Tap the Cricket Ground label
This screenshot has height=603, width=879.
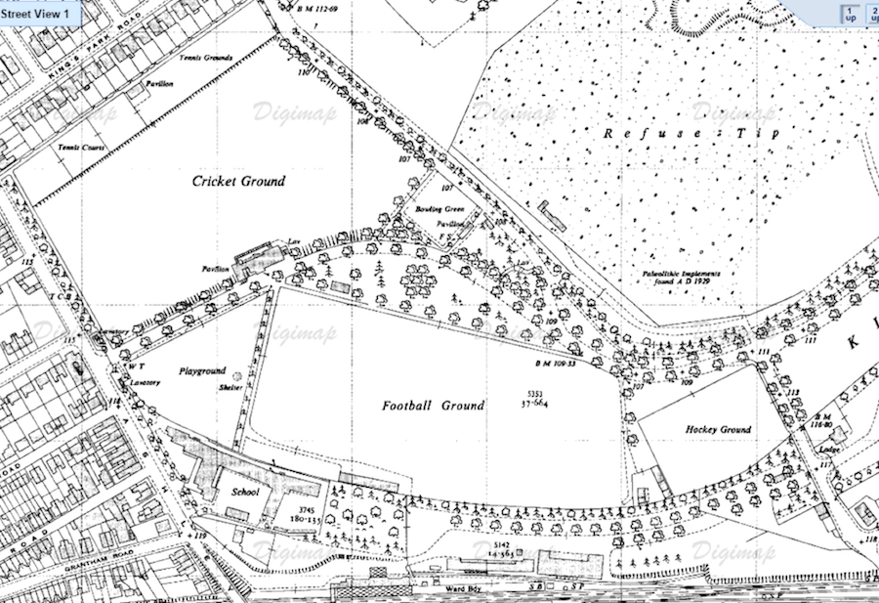pyautogui.click(x=238, y=181)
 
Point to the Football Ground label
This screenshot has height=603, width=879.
pyautogui.click(x=433, y=405)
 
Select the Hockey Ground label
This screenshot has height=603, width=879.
pyautogui.click(x=718, y=430)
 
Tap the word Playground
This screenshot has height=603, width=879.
pyautogui.click(x=202, y=371)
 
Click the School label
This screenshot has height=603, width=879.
pyautogui.click(x=244, y=492)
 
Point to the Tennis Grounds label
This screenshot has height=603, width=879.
pyautogui.click(x=205, y=59)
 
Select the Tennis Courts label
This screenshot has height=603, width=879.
pyautogui.click(x=81, y=148)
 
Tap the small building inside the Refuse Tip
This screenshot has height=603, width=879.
pyautogui.click(x=554, y=213)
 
